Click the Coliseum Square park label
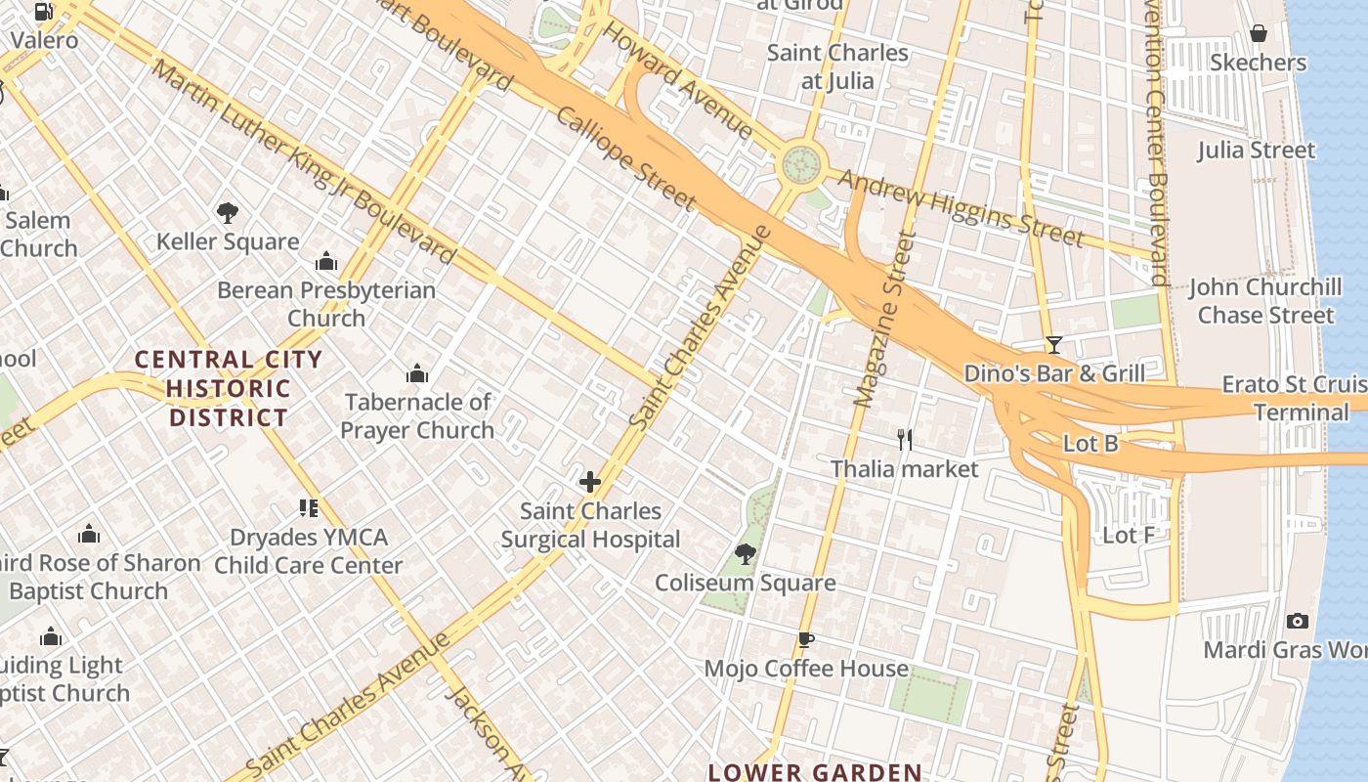(745, 584)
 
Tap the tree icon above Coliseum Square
(746, 554)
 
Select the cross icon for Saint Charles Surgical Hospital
(590, 482)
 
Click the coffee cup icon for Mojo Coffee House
(806, 640)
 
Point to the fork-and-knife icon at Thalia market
(905, 440)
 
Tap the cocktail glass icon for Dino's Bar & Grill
(1054, 344)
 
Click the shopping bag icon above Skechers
(1259, 34)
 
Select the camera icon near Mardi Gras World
(1298, 621)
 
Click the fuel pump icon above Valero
(44, 12)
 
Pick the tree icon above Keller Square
(228, 212)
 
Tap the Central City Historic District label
(229, 388)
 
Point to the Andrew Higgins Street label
(961, 208)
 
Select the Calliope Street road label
(625, 159)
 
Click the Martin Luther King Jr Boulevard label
(303, 161)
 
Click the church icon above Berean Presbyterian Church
(326, 261)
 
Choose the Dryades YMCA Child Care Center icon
(309, 508)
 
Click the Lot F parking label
(1129, 535)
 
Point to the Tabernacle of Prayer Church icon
(417, 373)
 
